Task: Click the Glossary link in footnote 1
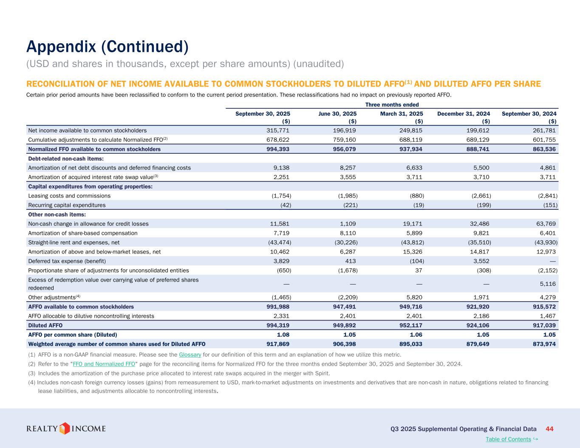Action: [x=190, y=355]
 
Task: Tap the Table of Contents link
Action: [x=508, y=439]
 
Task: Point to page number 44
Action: [x=549, y=429]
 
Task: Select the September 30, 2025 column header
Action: [x=263, y=114]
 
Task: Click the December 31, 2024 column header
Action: [x=464, y=114]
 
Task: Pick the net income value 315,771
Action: [x=278, y=130]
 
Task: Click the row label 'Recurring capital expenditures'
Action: [x=67, y=205]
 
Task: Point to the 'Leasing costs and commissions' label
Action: [x=69, y=196]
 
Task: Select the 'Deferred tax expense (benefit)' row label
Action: [x=67, y=261]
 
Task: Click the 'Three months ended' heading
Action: [x=392, y=104]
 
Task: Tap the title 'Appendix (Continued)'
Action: [x=107, y=47]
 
